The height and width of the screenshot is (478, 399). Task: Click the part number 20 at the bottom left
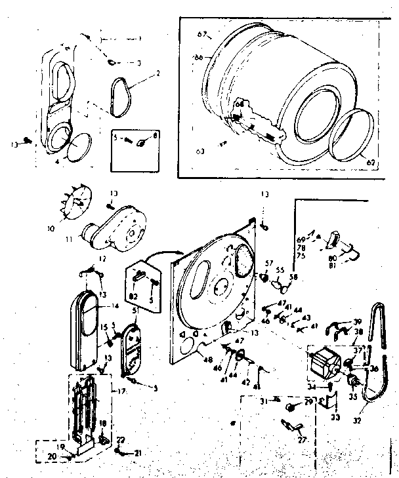51,456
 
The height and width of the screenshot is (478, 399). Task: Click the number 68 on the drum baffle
240,104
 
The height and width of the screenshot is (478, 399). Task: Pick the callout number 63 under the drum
199,151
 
